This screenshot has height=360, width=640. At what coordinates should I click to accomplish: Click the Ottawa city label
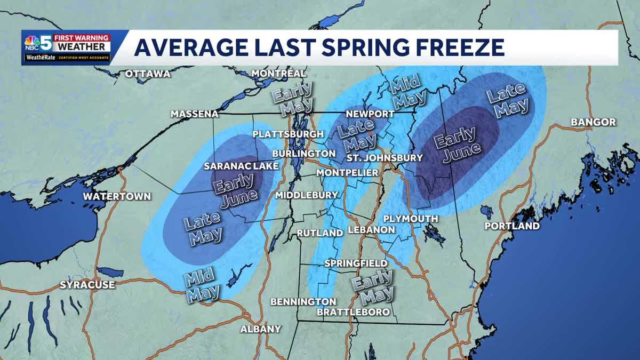coord(148,74)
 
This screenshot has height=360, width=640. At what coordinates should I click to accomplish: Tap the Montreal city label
coord(278,73)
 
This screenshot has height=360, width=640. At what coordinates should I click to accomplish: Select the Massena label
coord(194,114)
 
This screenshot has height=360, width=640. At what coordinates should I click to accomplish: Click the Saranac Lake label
coord(241,166)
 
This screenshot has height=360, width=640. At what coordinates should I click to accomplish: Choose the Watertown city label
coord(117,196)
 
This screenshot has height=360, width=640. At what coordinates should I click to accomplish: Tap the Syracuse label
coord(87,285)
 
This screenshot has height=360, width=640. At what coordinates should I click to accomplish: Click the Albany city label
coord(260,329)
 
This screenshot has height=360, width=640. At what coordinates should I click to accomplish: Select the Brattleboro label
coord(353,312)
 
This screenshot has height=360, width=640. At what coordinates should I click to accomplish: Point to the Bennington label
coord(303,302)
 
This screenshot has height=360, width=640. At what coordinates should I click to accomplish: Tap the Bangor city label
coord(593,122)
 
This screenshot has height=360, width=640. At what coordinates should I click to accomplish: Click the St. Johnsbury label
coord(384,158)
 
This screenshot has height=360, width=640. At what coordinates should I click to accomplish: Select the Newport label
coord(370,114)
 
